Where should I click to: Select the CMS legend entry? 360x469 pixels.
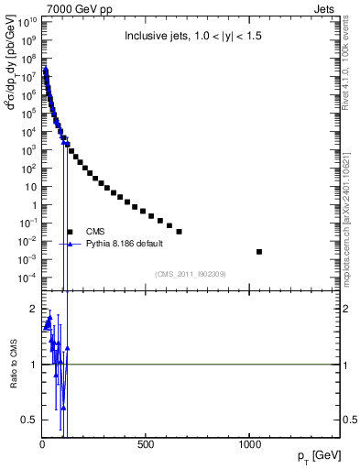point(95,232)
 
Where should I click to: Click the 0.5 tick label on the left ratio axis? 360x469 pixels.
point(28,420)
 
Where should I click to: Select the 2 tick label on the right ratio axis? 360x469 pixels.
point(348,309)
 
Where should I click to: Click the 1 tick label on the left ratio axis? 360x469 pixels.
point(32,365)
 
